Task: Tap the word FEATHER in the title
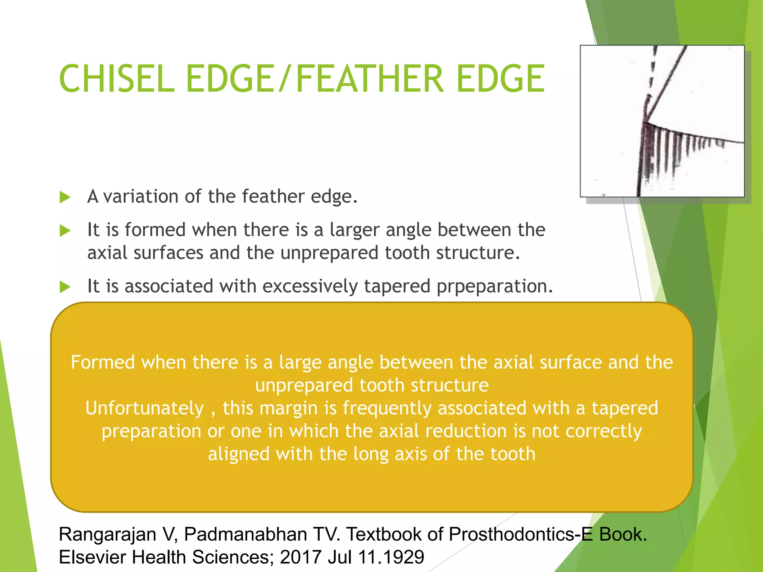[x=370, y=79]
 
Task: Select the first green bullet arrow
[x=65, y=197]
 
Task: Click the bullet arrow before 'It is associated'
[x=65, y=287]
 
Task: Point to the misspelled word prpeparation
[x=494, y=287]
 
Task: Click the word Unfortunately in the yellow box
[x=145, y=408]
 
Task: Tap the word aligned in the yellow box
[x=238, y=454]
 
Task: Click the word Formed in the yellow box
[x=103, y=362]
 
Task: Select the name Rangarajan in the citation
[x=108, y=535]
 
